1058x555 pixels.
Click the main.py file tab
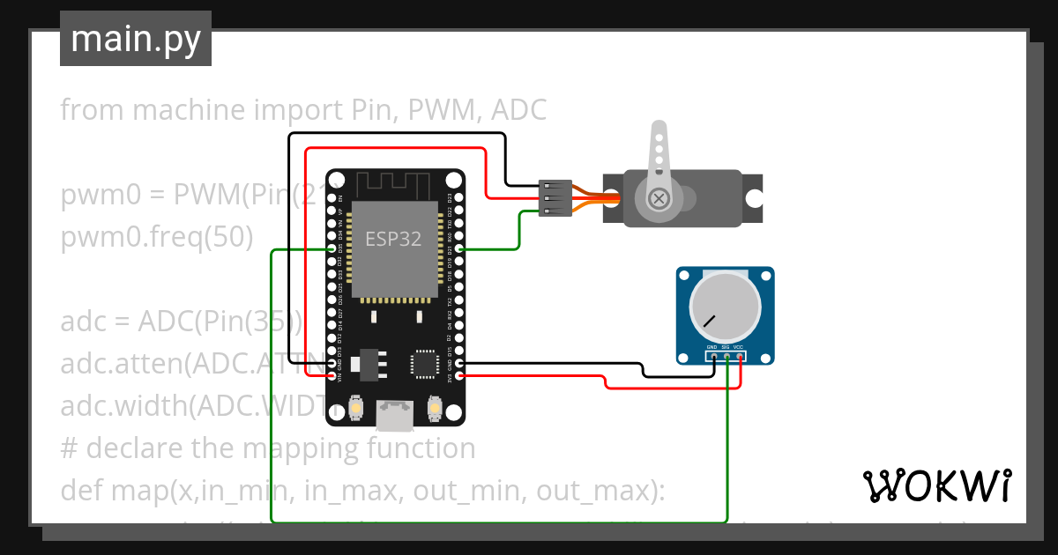135,39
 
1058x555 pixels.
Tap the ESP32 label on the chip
393,238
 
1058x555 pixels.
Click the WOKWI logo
936,485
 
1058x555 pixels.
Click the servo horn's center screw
658,199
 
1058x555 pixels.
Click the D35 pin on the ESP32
334,250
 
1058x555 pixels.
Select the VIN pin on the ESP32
334,376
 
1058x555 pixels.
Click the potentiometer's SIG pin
726,357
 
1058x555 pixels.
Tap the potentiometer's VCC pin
740,357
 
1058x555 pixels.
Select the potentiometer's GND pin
713,357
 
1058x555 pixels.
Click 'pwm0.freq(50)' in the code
157,237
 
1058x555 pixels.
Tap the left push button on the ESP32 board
356,408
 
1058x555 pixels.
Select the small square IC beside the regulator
423,363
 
